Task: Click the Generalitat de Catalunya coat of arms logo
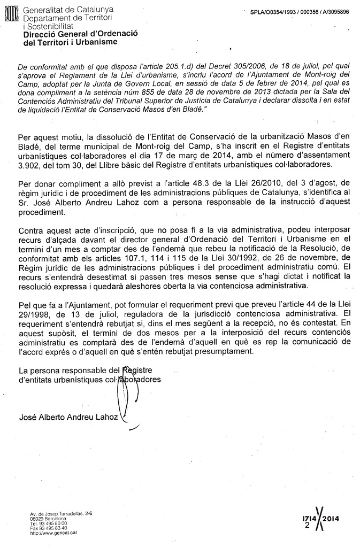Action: click(11, 12)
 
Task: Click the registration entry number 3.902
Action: click(29, 164)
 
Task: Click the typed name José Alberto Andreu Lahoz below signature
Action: click(68, 418)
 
